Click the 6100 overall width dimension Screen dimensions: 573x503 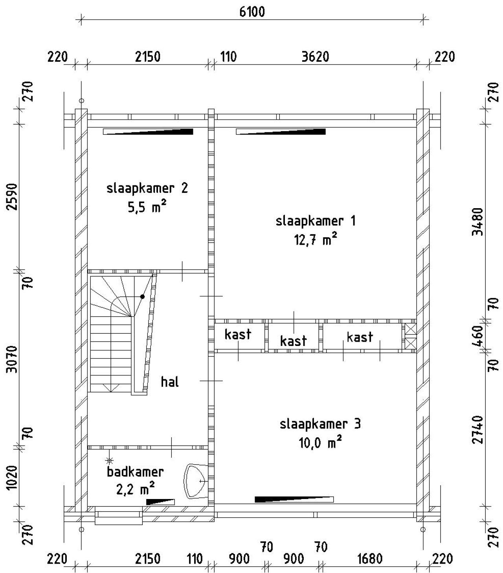[252, 12]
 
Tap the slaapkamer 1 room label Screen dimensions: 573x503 [316, 221]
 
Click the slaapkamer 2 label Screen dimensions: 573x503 [147, 188]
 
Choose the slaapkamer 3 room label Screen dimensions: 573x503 [320, 424]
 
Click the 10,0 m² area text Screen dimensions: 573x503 [320, 443]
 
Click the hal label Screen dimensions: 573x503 [170, 381]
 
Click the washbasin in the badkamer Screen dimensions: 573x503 [195, 481]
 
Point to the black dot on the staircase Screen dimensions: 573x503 [142, 296]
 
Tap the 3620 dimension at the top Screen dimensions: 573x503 [315, 57]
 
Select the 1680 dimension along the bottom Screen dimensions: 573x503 [370, 558]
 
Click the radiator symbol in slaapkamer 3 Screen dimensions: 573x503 [294, 499]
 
